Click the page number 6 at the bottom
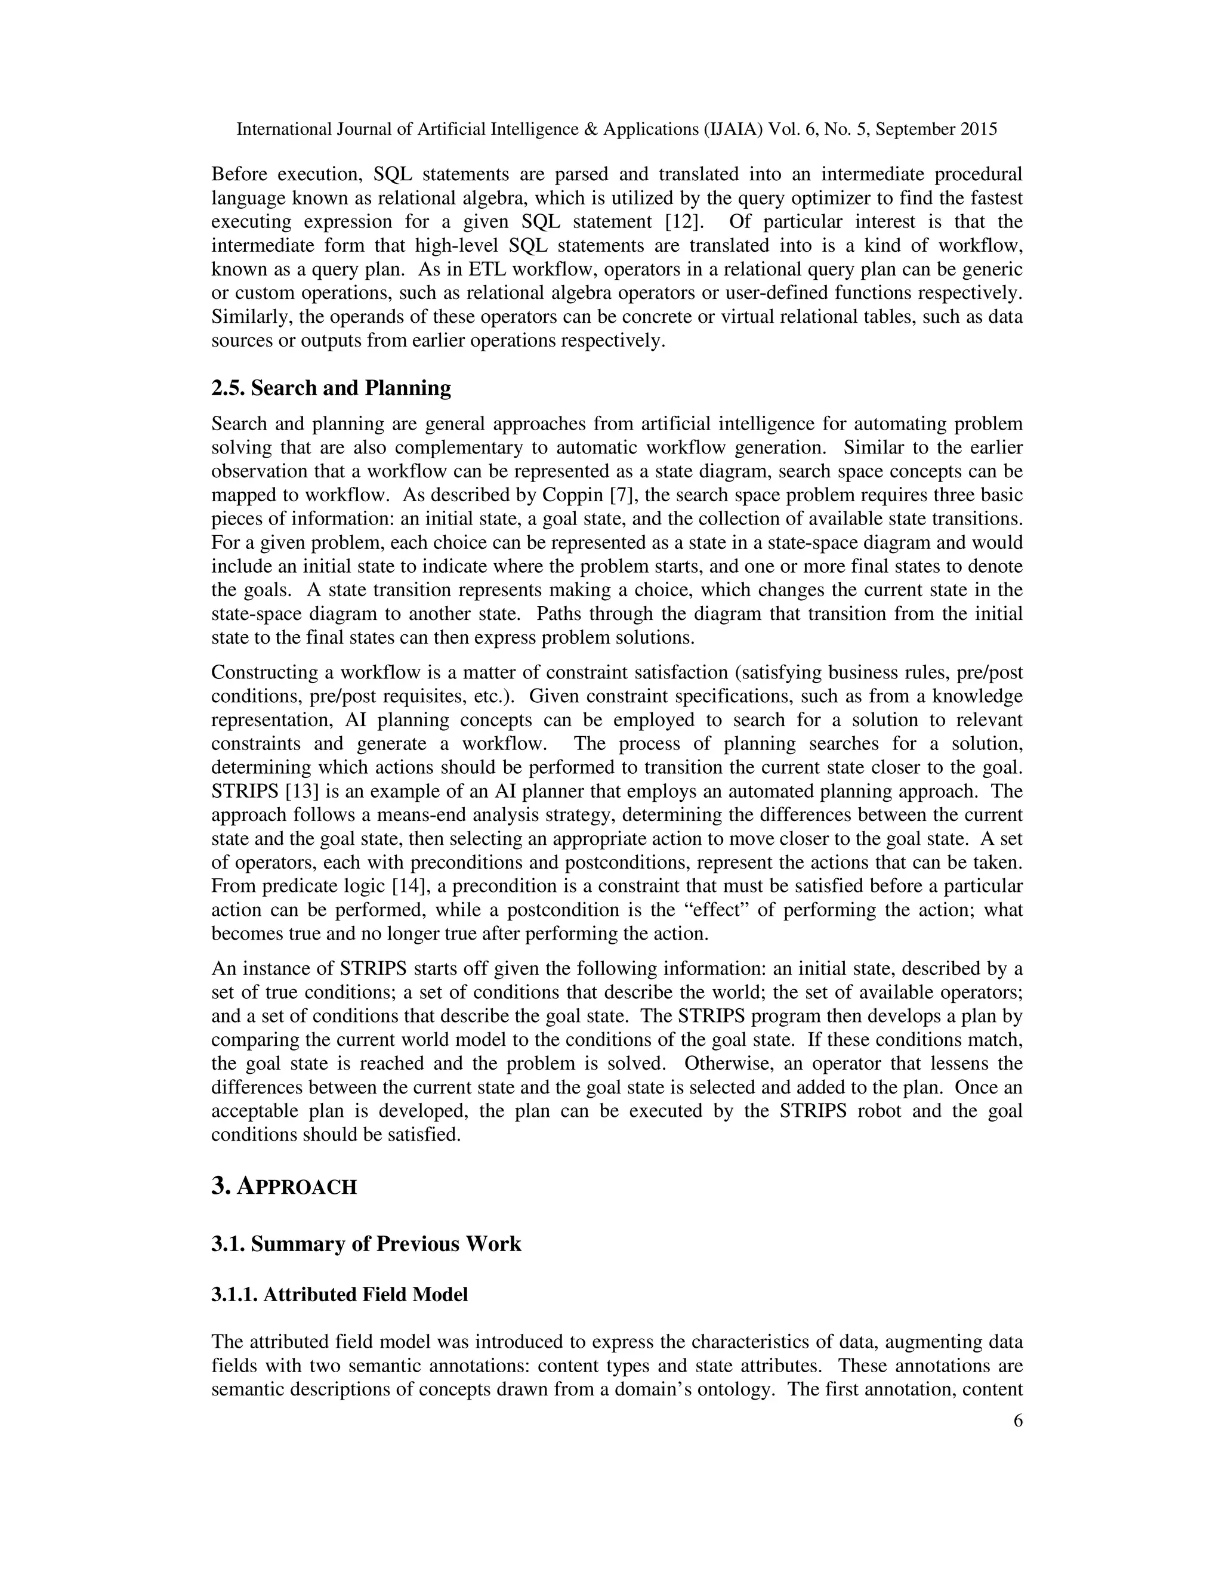(x=1018, y=1421)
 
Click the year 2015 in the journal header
(x=979, y=129)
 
